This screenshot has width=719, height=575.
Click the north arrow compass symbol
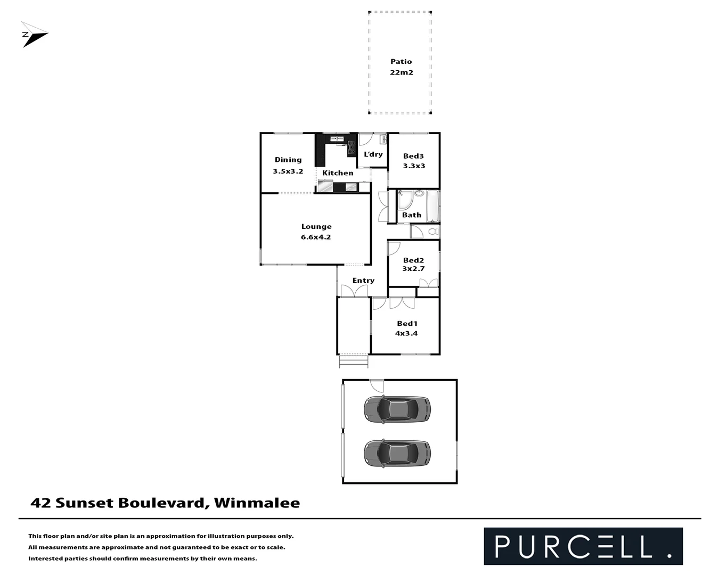pos(34,35)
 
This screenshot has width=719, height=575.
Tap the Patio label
pos(401,61)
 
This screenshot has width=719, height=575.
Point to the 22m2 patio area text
pos(401,72)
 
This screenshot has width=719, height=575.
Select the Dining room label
pos(288,160)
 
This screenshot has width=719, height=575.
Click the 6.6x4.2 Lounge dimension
pos(316,237)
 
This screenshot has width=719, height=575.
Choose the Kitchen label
pos(338,173)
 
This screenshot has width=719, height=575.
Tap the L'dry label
pos(373,154)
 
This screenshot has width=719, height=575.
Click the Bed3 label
pos(413,156)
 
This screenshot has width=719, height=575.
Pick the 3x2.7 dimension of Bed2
pos(413,269)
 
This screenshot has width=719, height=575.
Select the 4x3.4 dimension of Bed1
pos(406,333)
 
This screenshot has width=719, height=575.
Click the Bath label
pos(412,215)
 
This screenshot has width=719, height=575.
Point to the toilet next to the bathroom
pos(433,232)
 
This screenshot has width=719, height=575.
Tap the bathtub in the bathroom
pos(432,206)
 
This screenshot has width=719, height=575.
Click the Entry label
pos(363,281)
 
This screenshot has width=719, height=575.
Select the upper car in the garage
pos(397,409)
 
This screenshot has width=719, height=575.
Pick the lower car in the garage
pos(397,453)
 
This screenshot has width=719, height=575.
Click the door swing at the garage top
pos(377,386)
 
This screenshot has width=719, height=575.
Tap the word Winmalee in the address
pos(257,503)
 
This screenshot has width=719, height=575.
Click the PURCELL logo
pos(583,546)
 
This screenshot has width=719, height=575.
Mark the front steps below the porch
pos(354,362)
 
